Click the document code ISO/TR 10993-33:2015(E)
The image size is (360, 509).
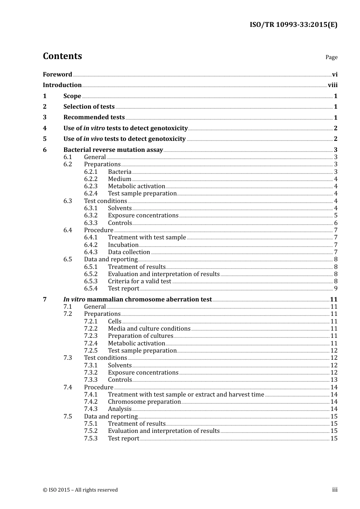tap(293, 25)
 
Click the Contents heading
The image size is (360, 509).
tap(62, 56)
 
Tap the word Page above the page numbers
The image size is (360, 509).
tap(331, 57)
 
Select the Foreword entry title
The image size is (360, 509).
tap(57, 75)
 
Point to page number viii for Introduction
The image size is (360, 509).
tap(332, 85)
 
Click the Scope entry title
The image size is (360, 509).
tap(72, 96)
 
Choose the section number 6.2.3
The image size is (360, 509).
tap(91, 186)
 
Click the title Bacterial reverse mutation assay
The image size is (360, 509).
tap(113, 150)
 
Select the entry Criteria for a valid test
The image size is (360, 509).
tap(139, 281)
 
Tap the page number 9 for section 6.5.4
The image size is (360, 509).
tap(335, 289)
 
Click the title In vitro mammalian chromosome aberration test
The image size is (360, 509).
tap(138, 300)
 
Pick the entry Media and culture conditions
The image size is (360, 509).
tap(149, 329)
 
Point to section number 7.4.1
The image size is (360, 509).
tap(91, 395)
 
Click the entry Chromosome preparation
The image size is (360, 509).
tap(144, 402)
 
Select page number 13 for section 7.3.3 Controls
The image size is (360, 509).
tap(334, 380)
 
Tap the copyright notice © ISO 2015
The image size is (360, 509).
tap(80, 490)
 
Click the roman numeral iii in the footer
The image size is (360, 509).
tap(335, 490)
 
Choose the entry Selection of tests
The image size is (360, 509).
tap(89, 107)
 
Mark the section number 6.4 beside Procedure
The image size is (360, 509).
tap(67, 230)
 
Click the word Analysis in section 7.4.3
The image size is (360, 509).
tap(119, 409)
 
